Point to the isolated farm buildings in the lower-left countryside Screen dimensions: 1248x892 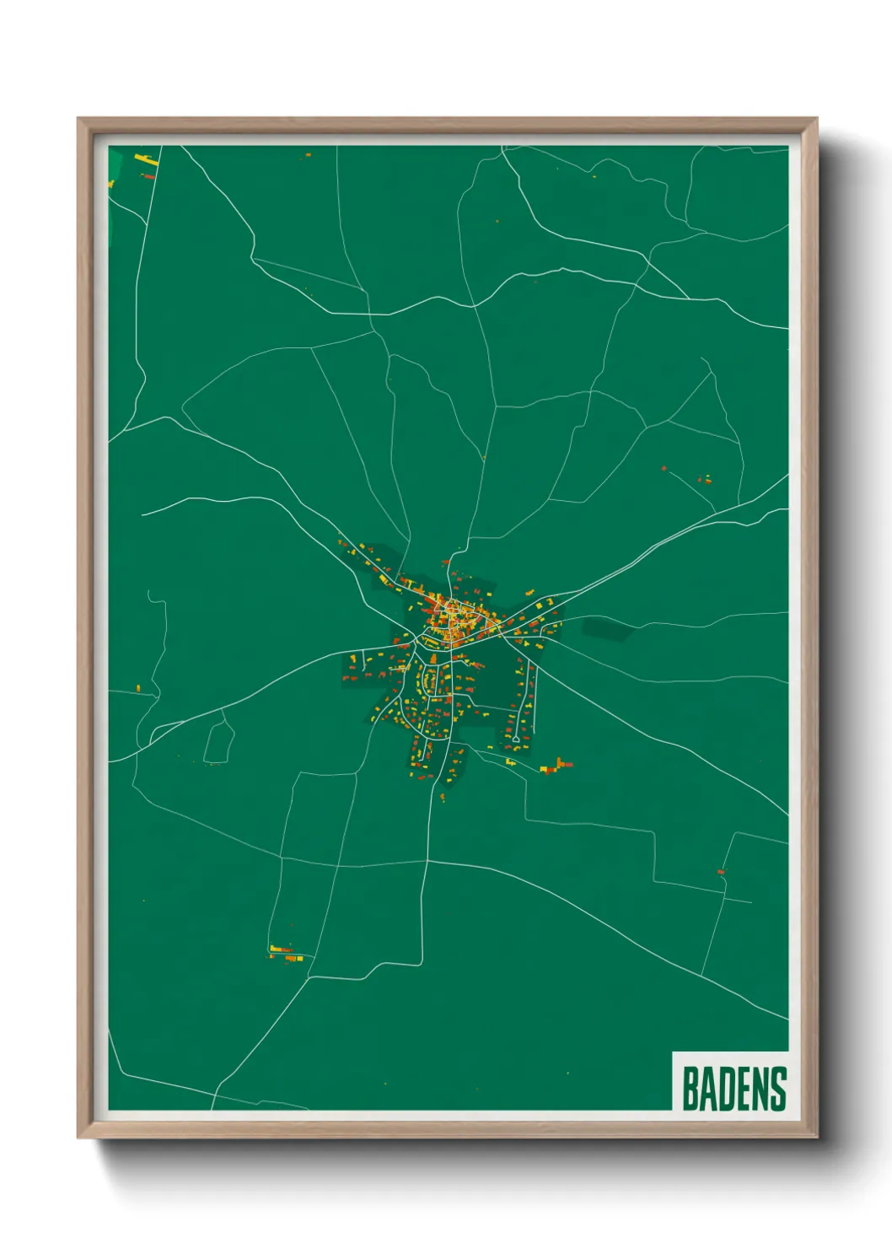pyautogui.click(x=285, y=954)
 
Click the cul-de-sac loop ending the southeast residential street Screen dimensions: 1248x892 pyautogui.click(x=514, y=738)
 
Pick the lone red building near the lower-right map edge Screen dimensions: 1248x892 pyautogui.click(x=721, y=871)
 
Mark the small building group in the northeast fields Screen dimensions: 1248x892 pyautogui.click(x=705, y=479)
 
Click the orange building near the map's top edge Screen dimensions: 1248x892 pyautogui.click(x=307, y=155)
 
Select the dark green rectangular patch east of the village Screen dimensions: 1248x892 pyautogui.click(x=606, y=629)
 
